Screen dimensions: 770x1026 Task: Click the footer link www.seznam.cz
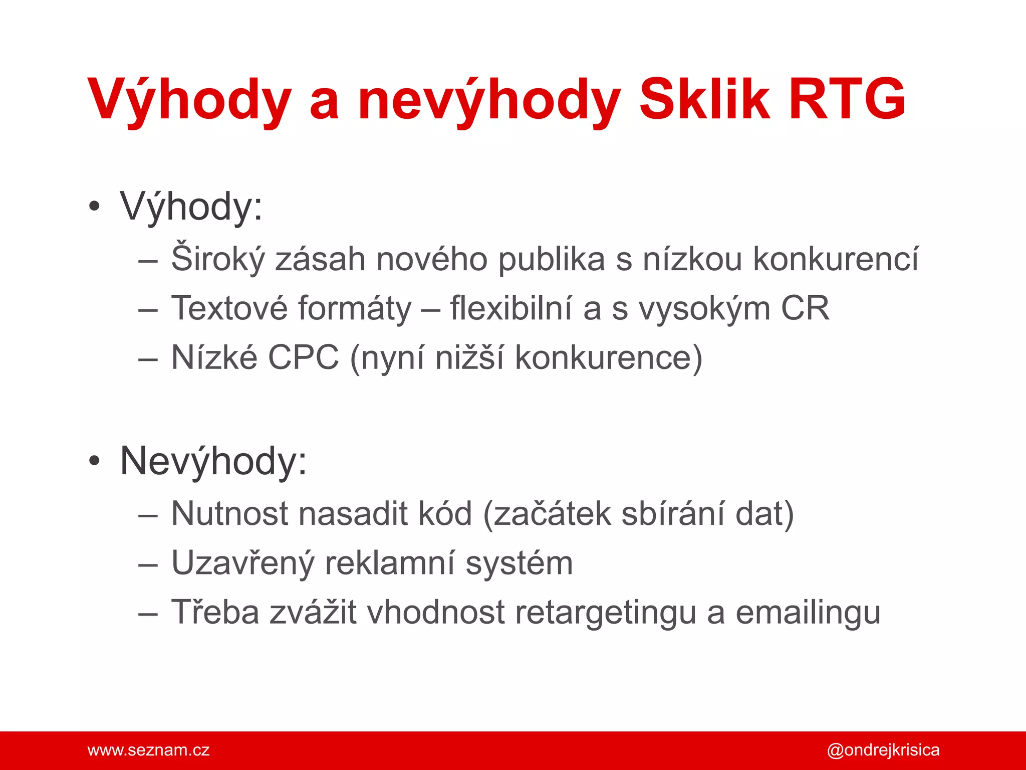coord(148,750)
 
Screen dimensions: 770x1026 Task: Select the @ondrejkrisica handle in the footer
coord(883,750)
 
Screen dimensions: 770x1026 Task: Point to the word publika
coord(552,259)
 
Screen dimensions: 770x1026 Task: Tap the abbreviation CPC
coord(304,357)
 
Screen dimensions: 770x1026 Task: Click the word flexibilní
coord(510,308)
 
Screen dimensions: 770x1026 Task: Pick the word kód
coord(445,514)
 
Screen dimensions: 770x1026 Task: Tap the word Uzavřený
coord(242,563)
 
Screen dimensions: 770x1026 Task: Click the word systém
coord(519,563)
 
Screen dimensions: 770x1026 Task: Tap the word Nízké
coord(214,357)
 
